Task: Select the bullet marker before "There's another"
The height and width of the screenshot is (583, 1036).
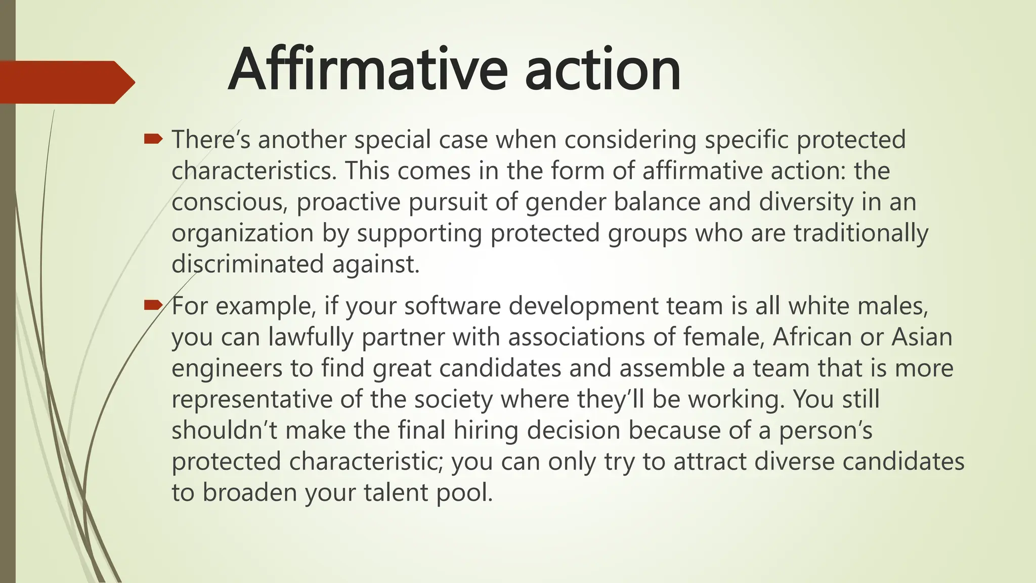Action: [153, 138]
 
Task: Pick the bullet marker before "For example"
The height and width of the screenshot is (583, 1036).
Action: [153, 305]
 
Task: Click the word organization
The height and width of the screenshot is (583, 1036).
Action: [242, 233]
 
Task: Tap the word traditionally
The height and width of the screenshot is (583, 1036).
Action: [861, 233]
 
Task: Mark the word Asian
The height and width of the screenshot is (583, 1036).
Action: [922, 337]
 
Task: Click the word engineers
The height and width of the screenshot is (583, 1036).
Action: [227, 368]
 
